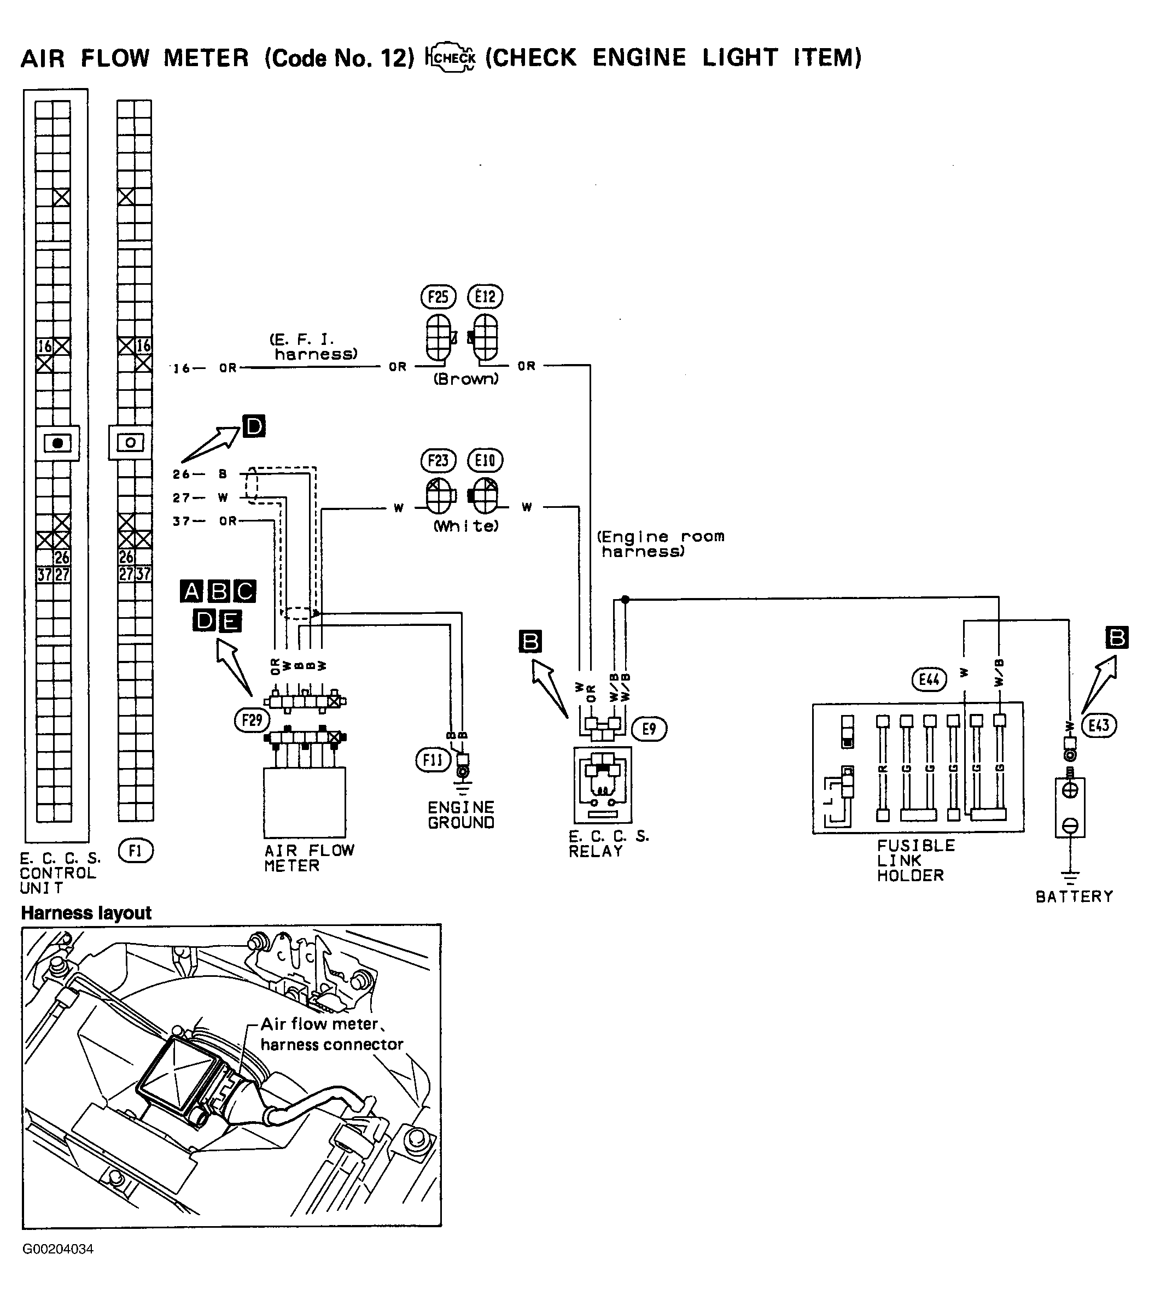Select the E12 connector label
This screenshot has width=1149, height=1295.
point(485,296)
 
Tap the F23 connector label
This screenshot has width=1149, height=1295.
point(438,461)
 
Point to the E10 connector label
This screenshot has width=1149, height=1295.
point(485,461)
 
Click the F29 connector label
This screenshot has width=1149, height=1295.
point(252,720)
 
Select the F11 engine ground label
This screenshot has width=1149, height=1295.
point(432,760)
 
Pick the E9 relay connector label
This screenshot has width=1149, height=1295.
point(649,729)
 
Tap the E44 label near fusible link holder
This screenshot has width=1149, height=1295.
point(929,680)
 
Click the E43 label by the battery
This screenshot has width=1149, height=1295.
point(1098,725)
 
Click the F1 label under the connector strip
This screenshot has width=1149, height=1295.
point(135,852)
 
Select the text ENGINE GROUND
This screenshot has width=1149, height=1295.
point(460,816)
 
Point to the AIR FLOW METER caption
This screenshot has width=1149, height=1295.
point(308,858)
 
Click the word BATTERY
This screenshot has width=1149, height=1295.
point(1074,896)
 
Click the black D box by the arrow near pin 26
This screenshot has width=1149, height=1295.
point(254,426)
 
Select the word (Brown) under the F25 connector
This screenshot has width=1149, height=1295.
point(466,379)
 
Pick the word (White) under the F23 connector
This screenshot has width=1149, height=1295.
point(466,526)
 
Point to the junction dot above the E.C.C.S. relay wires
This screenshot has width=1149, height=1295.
point(625,599)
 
